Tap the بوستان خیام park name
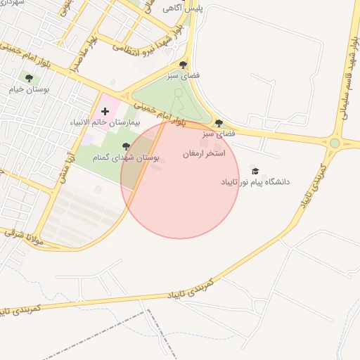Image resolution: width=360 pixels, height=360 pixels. (27, 89)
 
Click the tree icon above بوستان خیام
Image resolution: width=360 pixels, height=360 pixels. (29, 78)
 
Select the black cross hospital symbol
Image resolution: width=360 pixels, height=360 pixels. (105, 111)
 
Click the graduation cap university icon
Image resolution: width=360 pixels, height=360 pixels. (255, 171)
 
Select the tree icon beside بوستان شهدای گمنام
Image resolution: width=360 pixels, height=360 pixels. (126, 147)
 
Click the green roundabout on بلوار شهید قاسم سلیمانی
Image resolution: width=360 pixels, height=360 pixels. (335, 143)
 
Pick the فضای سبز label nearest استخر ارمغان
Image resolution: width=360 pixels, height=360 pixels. (218, 133)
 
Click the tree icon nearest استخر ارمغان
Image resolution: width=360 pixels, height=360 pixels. (219, 122)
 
